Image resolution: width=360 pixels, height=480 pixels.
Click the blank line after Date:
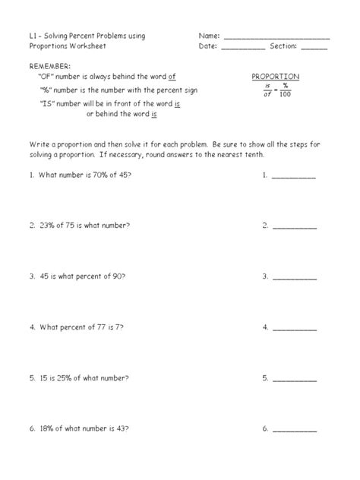click(243, 49)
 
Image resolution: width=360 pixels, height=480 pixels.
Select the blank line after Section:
click(314, 49)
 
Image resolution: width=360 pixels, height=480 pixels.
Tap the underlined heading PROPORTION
click(275, 77)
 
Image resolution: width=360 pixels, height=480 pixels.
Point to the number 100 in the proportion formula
click(283, 94)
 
